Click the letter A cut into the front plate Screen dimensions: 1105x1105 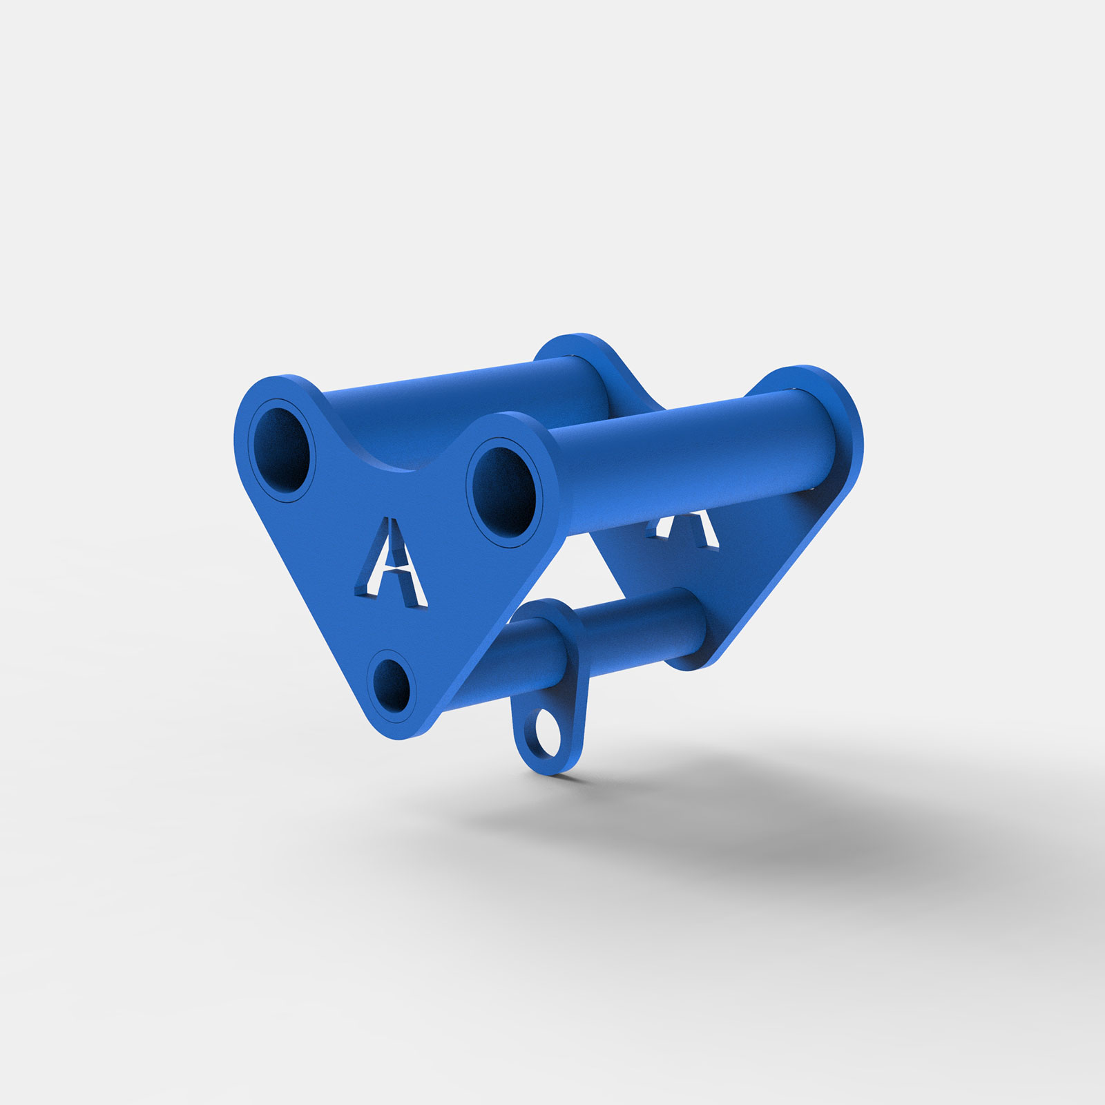[390, 563]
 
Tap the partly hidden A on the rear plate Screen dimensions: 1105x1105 [684, 529]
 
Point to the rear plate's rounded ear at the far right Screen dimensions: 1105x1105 [839, 414]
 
